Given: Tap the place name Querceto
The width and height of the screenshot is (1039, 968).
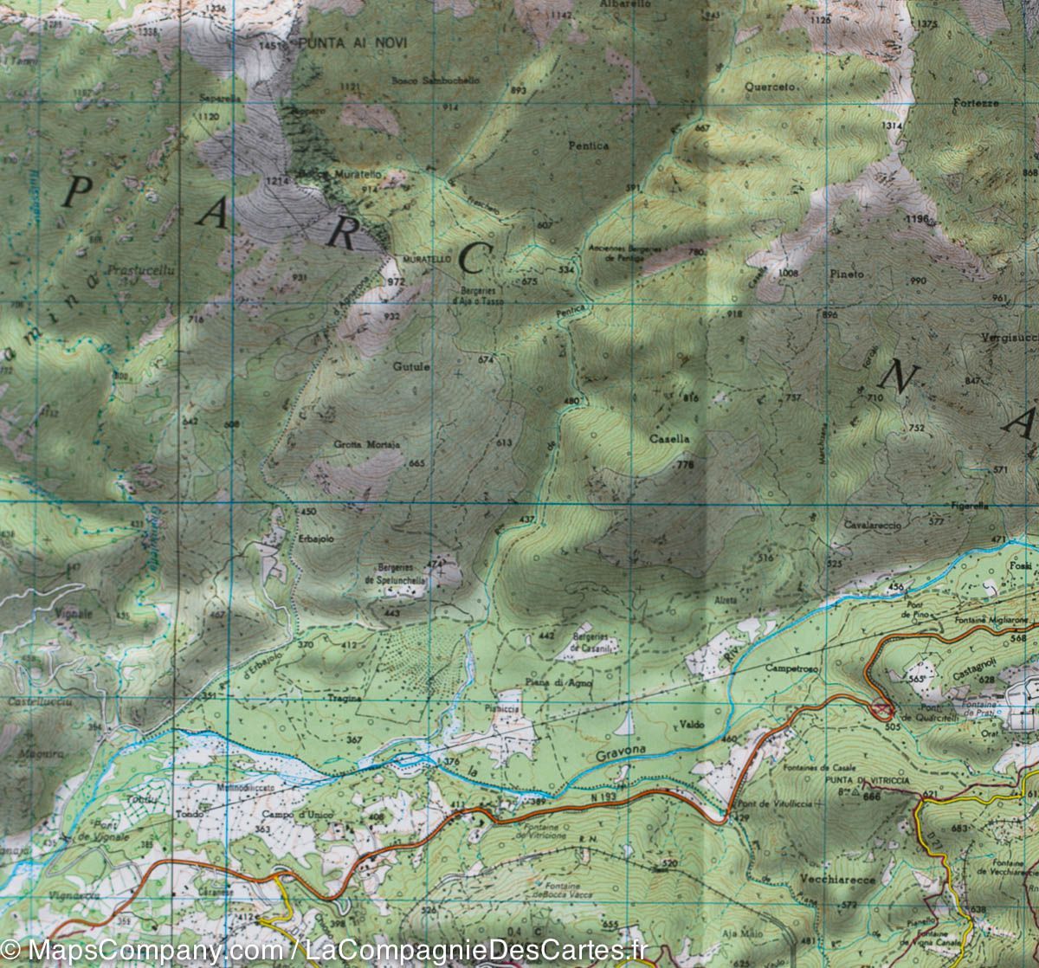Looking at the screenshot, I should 772,87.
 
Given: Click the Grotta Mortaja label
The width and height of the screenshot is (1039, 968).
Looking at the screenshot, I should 366,444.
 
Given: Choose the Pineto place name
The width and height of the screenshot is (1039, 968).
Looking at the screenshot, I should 846,274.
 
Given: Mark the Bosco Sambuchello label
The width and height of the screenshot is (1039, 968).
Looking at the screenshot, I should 435,80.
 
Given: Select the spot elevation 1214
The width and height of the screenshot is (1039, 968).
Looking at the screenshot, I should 276,180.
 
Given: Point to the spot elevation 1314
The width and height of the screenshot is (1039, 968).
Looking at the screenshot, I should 892,126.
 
